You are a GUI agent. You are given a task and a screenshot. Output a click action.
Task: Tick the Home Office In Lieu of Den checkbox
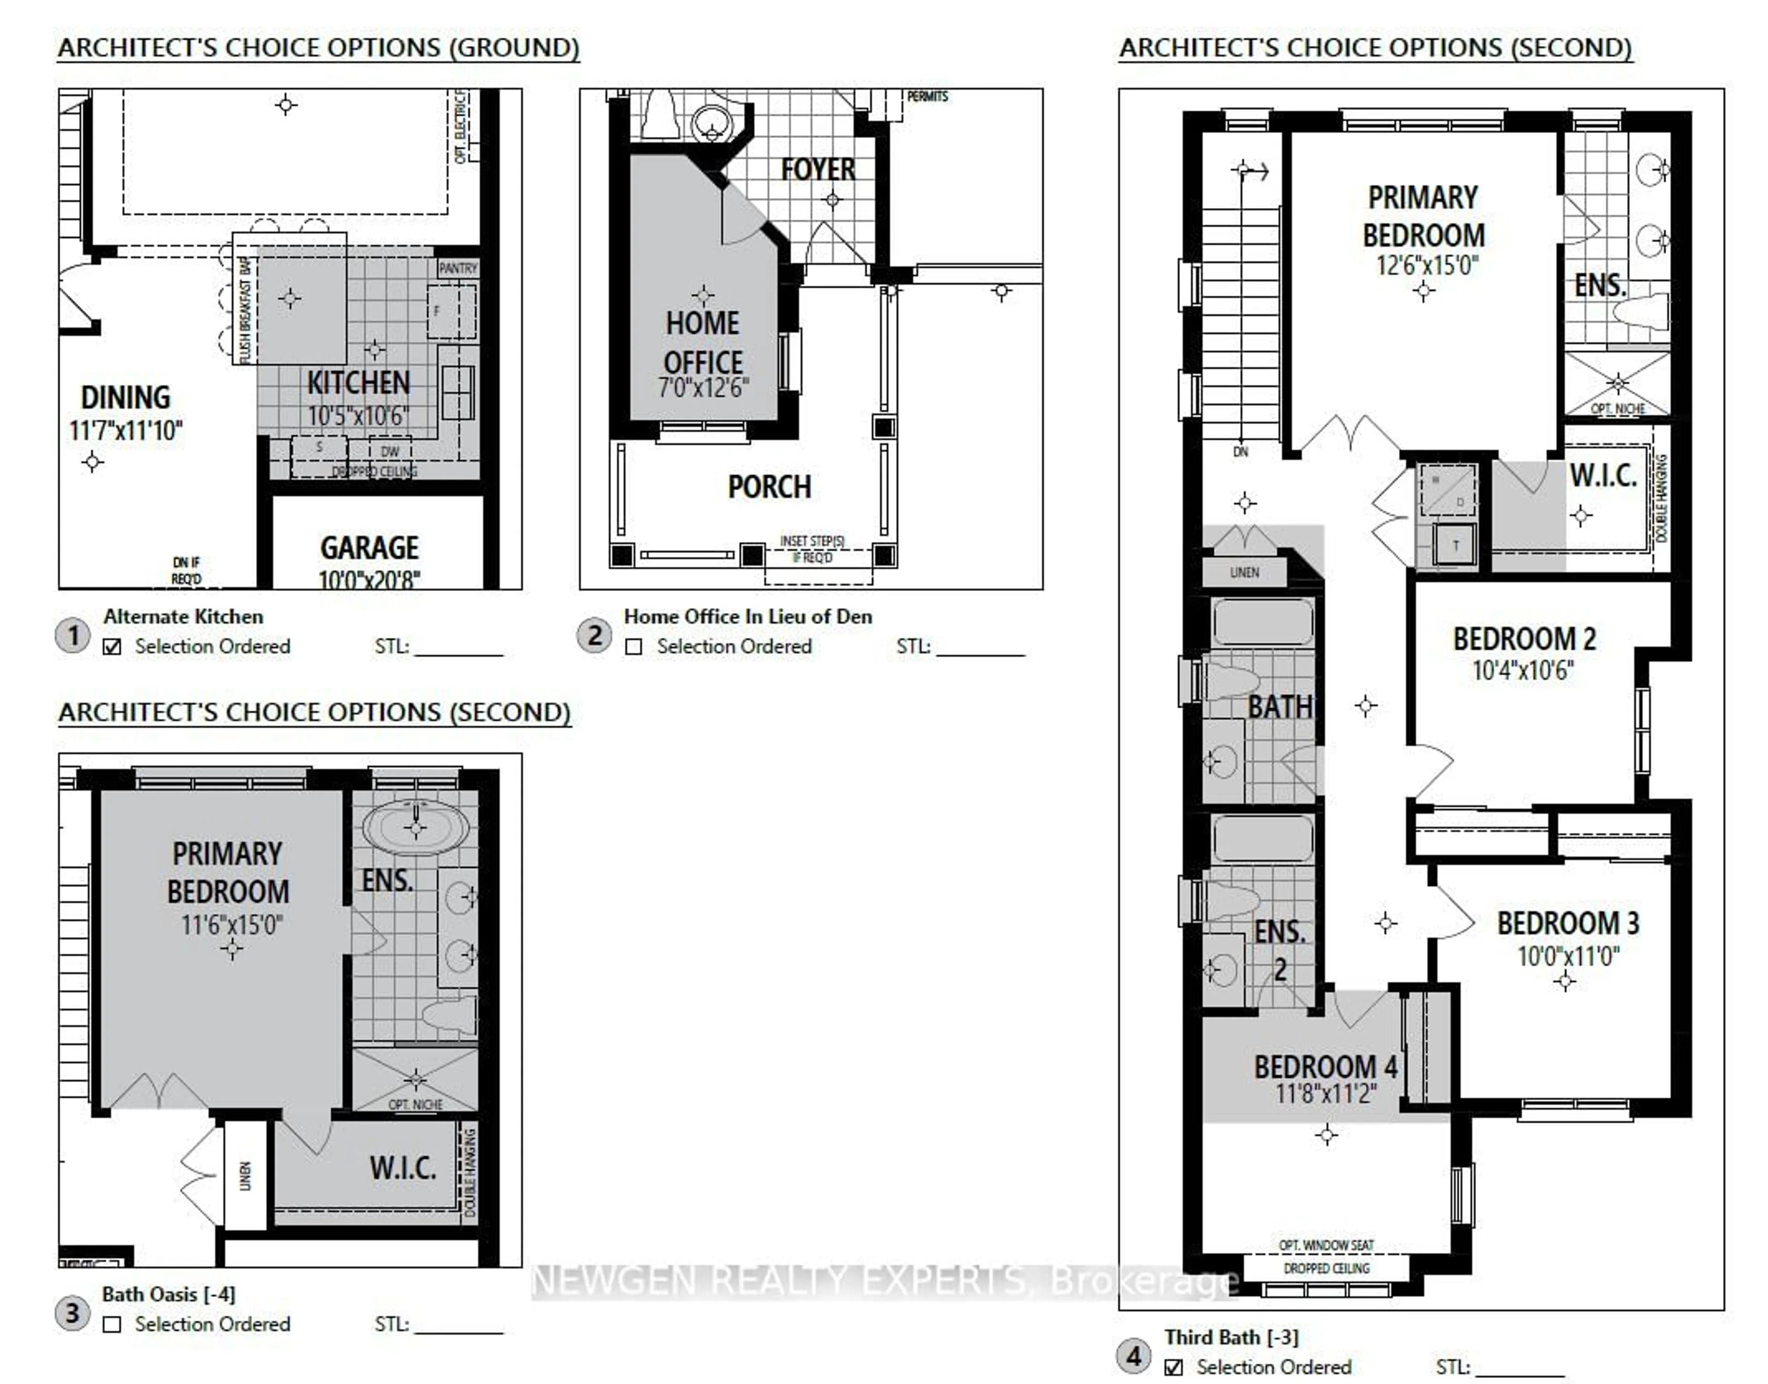coord(634,647)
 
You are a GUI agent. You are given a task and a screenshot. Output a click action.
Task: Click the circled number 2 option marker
coord(594,635)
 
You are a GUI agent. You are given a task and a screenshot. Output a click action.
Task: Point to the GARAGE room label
coord(370,548)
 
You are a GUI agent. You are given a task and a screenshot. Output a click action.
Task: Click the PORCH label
coord(769,487)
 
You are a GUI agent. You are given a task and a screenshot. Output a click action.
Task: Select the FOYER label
coord(818,169)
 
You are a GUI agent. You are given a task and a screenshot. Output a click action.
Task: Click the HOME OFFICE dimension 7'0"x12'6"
coord(703,388)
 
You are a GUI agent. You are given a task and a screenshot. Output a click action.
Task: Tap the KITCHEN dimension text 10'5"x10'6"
coord(357,416)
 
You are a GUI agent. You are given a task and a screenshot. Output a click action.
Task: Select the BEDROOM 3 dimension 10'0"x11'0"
coord(1568,956)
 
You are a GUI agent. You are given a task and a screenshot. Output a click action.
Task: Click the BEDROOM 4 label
coord(1326,1066)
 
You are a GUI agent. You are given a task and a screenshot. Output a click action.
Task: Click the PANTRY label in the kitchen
coord(458,268)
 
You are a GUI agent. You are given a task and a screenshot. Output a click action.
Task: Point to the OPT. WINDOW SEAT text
coord(1326,1245)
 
